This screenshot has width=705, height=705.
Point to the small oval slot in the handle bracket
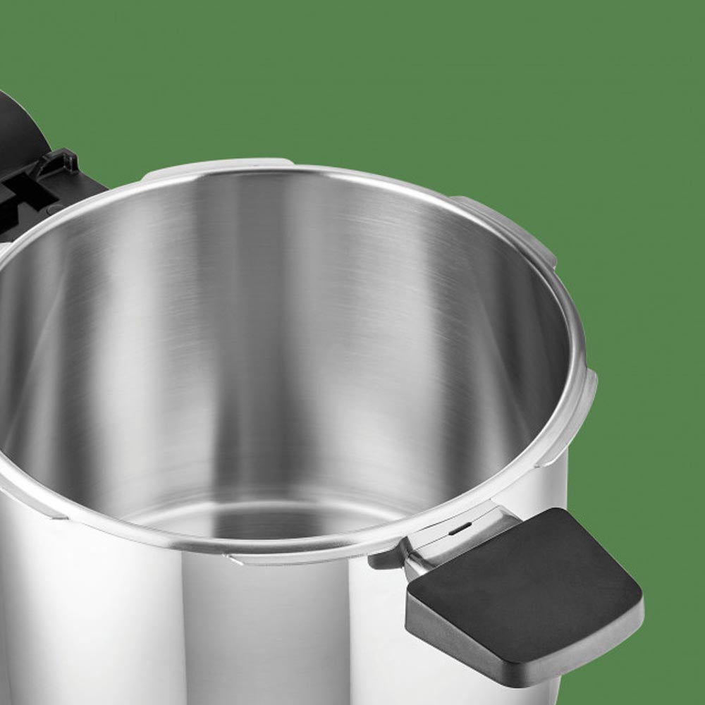460,528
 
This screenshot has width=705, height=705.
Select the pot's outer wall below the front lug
282,634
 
